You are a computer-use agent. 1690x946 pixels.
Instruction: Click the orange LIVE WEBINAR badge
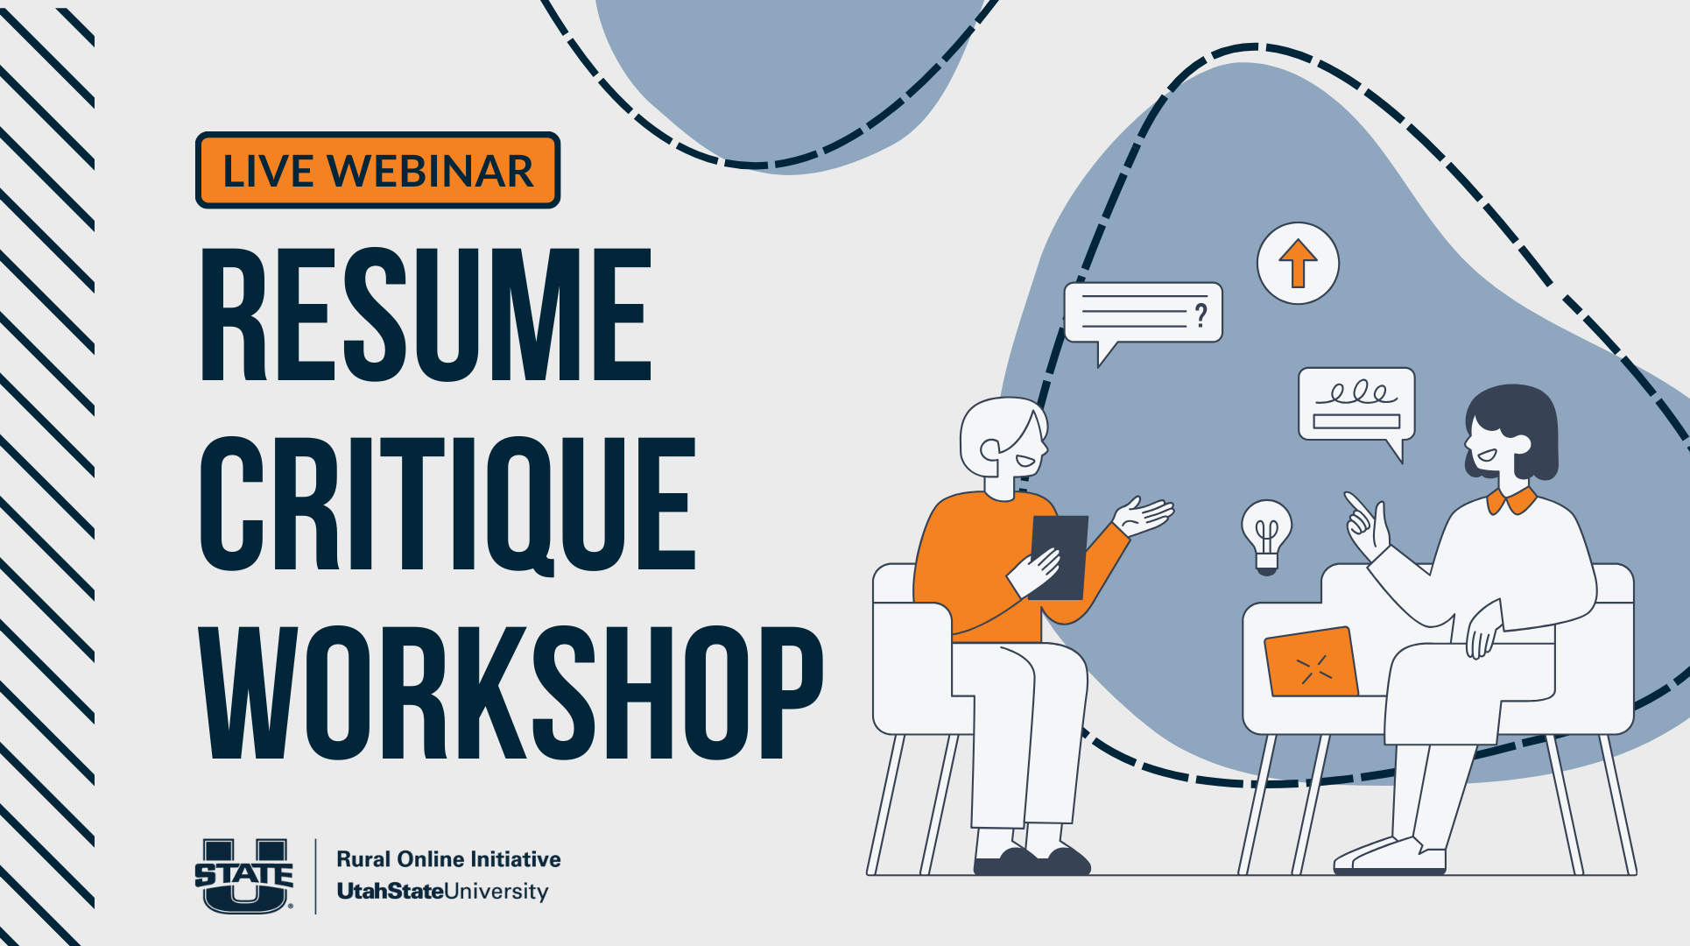[x=377, y=170]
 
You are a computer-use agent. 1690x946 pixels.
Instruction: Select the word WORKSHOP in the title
[x=511, y=693]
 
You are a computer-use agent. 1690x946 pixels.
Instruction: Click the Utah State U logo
[x=244, y=876]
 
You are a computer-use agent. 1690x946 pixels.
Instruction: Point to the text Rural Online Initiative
[x=448, y=858]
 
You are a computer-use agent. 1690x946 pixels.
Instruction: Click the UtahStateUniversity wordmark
[x=443, y=892]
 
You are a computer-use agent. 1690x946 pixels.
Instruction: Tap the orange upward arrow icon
[x=1298, y=264]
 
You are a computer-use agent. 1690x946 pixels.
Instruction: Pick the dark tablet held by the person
[x=1059, y=557]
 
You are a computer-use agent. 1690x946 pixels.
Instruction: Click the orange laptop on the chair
[x=1311, y=662]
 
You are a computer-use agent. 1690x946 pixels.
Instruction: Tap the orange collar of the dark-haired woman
[x=1510, y=502]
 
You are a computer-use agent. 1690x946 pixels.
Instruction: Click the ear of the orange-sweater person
[x=990, y=450]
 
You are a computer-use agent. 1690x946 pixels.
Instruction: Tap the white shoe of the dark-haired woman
[x=1390, y=856]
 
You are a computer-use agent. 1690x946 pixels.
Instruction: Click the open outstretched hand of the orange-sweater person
[x=1144, y=517]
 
